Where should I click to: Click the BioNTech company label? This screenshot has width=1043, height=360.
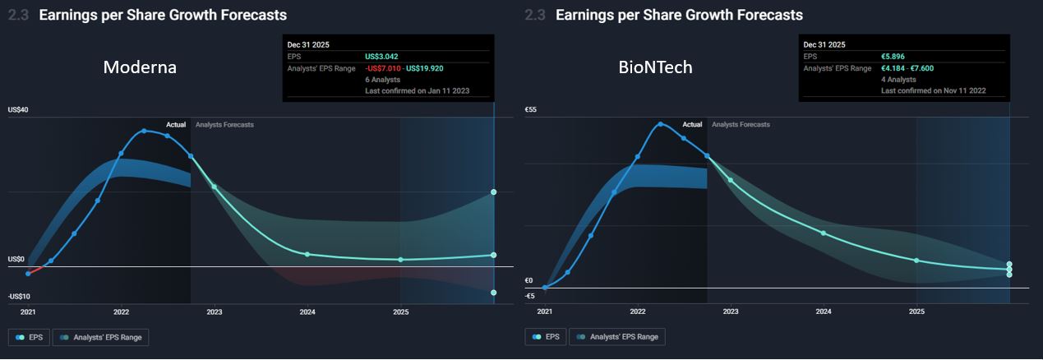click(655, 68)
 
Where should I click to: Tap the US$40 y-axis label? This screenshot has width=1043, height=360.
click(19, 110)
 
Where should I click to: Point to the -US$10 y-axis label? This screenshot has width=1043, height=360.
click(21, 296)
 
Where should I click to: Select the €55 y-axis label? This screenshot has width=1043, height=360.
click(531, 110)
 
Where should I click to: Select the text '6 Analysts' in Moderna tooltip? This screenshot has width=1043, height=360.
click(383, 79)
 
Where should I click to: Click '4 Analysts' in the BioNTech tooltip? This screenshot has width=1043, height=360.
click(899, 79)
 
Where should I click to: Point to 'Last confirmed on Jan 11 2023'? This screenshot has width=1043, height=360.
click(417, 90)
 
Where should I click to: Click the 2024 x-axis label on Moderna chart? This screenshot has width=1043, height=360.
click(307, 312)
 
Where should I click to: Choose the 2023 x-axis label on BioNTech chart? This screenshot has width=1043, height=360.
click(730, 312)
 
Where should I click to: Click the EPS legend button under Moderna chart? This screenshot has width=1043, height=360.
click(29, 336)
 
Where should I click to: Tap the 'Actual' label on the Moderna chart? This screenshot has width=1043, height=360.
click(176, 125)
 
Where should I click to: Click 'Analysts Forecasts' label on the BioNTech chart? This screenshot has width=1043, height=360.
click(741, 125)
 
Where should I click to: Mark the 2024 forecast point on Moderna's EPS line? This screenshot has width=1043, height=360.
click(307, 254)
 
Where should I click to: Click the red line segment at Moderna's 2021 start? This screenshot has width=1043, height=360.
click(35, 270)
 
